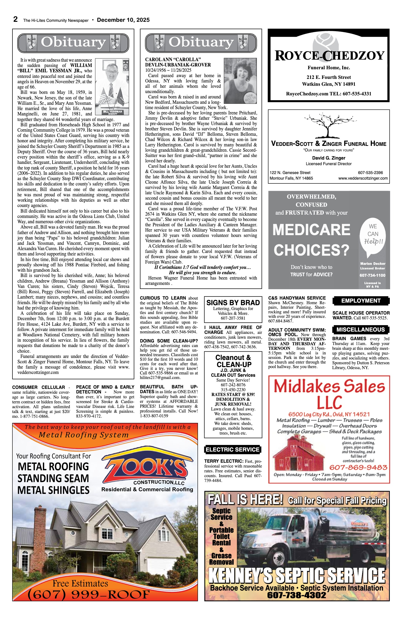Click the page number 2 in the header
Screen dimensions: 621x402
pos(16,20)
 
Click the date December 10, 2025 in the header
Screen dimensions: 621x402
pos(123,20)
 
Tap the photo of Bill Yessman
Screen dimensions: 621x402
pos(112,86)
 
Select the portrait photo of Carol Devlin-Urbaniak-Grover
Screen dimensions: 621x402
pos(240,81)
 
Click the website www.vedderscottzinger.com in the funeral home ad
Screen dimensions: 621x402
pos(363,178)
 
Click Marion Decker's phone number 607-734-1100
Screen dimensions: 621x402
pos(372,275)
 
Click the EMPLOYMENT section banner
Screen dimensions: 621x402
pos(361,301)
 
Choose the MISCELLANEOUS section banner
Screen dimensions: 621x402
pos(360,330)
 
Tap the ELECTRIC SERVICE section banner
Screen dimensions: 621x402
pos(232,450)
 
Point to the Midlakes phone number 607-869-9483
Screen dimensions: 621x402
pos(358,467)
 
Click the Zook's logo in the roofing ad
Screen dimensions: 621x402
pos(147,469)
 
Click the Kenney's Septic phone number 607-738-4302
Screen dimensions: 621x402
pos(296,595)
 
